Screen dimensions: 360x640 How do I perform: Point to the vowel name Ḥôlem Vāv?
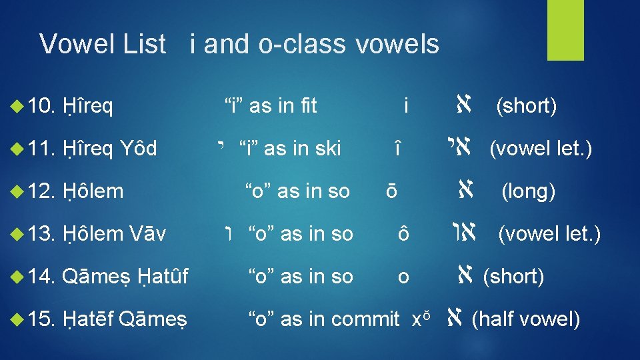click(x=115, y=233)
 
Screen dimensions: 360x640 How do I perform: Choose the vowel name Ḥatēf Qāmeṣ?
click(x=125, y=319)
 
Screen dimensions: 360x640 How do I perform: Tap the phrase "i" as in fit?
click(x=270, y=105)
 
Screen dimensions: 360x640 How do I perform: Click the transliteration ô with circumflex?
click(x=403, y=234)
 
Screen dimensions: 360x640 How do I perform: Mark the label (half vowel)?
click(x=526, y=319)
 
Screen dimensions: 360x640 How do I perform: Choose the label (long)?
click(x=529, y=191)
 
